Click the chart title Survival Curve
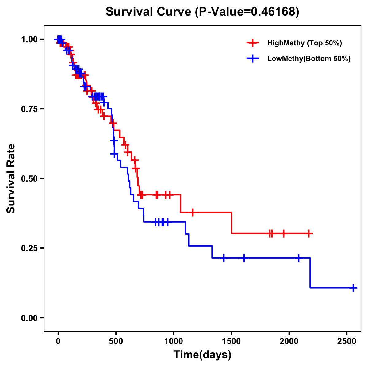point(149,12)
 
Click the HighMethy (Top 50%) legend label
point(304,43)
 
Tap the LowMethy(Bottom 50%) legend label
point(309,59)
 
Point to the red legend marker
point(253,43)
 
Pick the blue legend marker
point(253,59)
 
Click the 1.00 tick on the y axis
point(29,39)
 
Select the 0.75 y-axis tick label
point(29,109)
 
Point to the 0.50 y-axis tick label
point(29,178)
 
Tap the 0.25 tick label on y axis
point(29,248)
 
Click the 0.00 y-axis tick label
point(29,318)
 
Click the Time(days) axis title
point(202,355)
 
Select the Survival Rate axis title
point(11,178)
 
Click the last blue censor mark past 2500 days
point(353,288)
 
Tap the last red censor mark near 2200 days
point(309,233)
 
